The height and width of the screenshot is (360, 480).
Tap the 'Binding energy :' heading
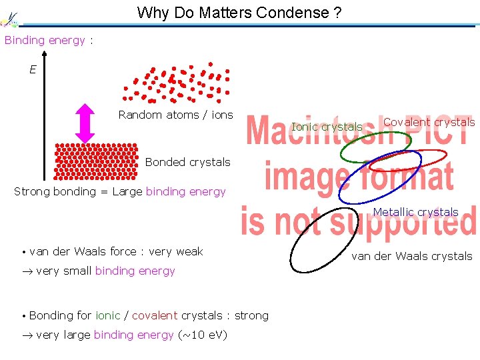(49, 40)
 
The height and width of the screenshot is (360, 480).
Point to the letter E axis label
(33, 69)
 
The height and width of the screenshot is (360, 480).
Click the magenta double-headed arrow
(85, 123)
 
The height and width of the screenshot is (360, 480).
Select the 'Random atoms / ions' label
(175, 115)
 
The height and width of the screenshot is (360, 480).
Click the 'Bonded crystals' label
(187, 162)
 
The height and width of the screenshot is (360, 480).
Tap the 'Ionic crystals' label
(327, 127)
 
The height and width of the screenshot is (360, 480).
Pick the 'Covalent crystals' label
(429, 122)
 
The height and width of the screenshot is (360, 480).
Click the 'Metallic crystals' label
(415, 213)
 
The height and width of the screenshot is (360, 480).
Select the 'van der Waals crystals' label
(411, 256)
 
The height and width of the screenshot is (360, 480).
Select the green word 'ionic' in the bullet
(108, 315)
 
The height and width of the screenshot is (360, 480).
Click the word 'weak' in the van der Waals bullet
(189, 251)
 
